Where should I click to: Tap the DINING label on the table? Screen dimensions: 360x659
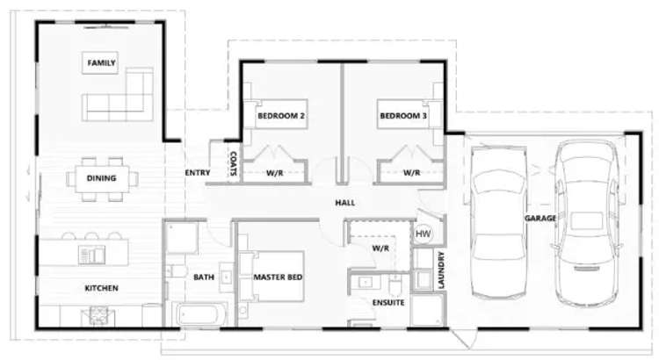point(102,178)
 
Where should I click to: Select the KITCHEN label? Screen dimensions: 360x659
point(102,288)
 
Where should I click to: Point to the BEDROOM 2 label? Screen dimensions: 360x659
point(281,116)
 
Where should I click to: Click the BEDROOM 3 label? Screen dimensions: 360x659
point(402,116)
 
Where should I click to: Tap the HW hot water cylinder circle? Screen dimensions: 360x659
point(423,234)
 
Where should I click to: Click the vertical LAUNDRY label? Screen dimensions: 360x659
point(441,271)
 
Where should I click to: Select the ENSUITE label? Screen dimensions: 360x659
point(387,302)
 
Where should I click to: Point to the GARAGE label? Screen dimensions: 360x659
point(540,218)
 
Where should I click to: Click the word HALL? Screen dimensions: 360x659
point(344,203)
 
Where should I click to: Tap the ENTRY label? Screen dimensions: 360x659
point(197,172)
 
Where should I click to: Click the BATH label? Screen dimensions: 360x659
point(204,277)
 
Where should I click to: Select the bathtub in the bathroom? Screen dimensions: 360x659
point(199,314)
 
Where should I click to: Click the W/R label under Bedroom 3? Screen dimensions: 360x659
point(411,173)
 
